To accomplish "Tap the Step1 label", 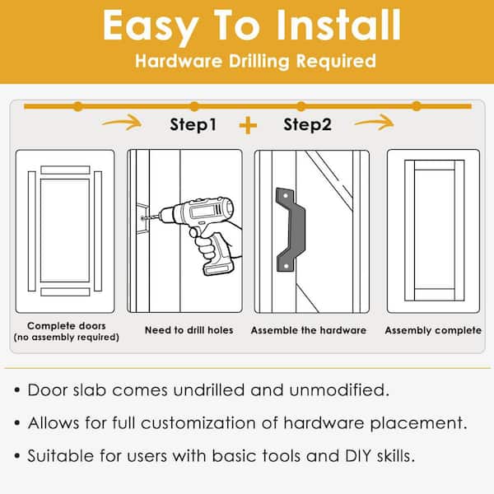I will coord(193,125).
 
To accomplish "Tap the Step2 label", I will coord(306,125).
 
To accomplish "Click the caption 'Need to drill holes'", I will coord(189,330).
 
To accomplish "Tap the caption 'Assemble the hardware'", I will coord(309,330).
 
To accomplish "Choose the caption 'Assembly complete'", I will coord(433,330).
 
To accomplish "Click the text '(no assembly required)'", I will coord(66,338).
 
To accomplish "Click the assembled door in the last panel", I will coord(433,231).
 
